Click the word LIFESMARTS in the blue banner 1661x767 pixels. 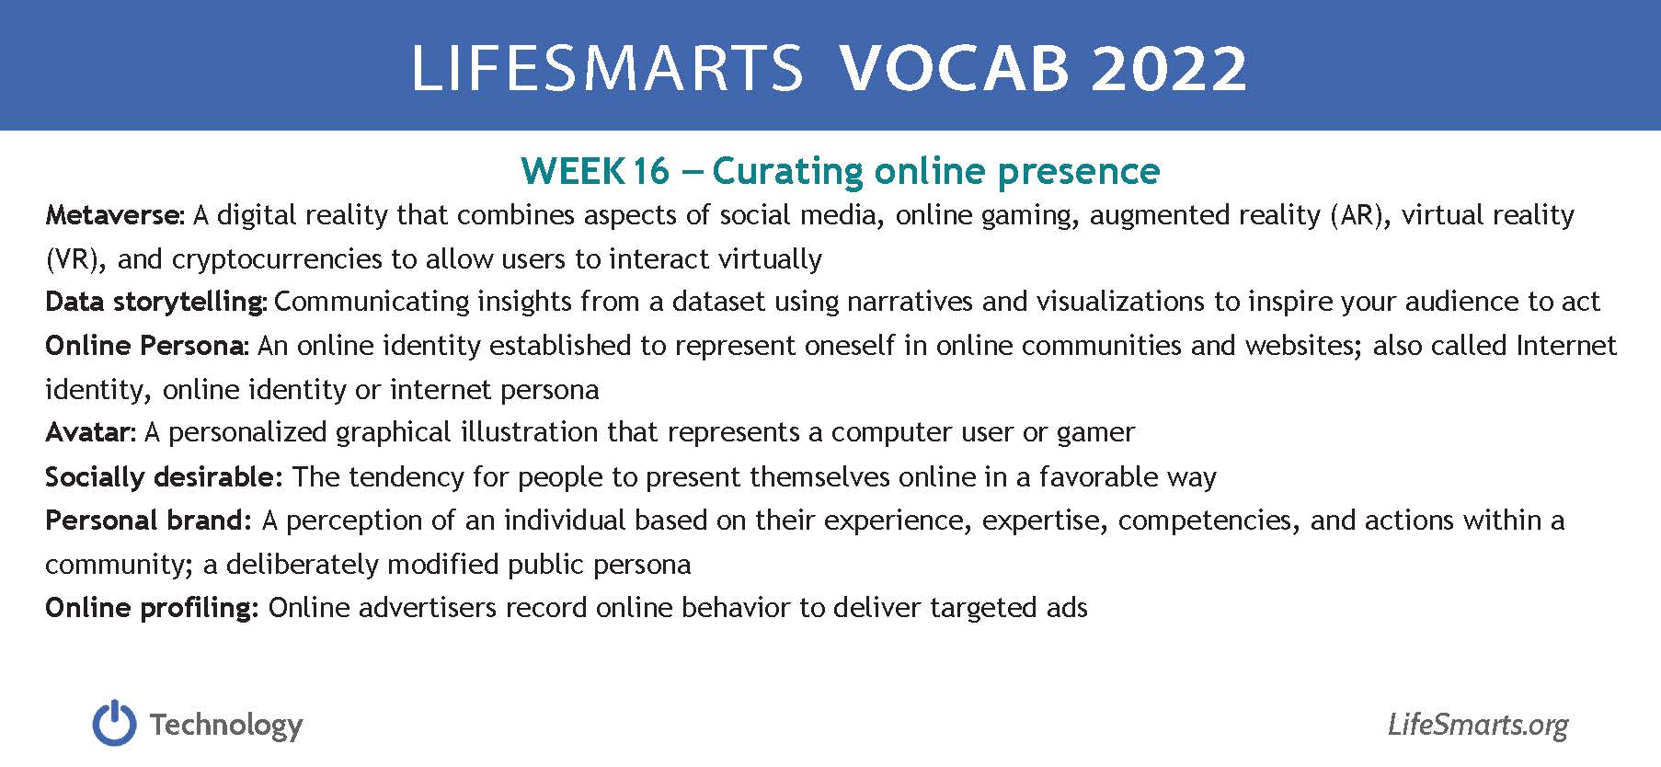point(607,67)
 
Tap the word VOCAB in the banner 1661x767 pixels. point(955,67)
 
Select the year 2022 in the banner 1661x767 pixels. point(1170,67)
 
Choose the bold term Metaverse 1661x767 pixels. point(115,215)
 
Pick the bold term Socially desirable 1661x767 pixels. point(160,477)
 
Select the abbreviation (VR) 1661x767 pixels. point(76,259)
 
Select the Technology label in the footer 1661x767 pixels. point(226,726)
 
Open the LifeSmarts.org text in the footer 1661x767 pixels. point(1478,726)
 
